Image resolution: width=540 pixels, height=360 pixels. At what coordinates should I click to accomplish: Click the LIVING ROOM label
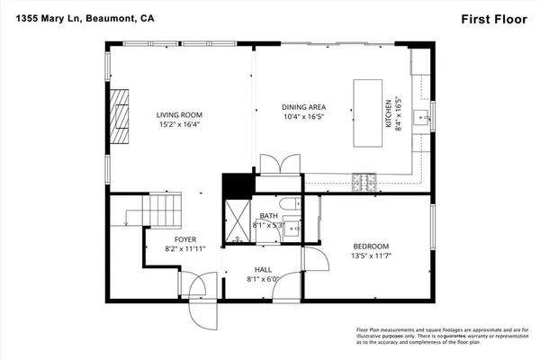click(179, 114)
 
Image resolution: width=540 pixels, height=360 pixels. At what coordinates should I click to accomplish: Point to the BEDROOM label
click(370, 247)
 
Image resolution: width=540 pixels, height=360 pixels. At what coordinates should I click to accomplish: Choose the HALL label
click(263, 269)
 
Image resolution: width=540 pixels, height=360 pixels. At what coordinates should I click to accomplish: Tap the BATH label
click(268, 216)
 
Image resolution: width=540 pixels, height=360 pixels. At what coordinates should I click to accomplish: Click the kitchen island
click(366, 112)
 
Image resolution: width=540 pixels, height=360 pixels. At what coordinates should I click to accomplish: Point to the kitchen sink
click(419, 116)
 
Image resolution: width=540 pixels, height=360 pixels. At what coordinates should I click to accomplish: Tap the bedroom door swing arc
click(314, 261)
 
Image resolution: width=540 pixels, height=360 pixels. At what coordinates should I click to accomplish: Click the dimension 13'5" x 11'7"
click(370, 256)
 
